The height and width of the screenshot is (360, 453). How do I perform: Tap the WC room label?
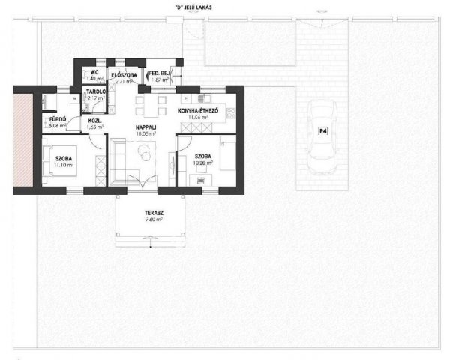[x=94, y=73]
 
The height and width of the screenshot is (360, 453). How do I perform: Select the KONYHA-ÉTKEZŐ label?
[x=198, y=110]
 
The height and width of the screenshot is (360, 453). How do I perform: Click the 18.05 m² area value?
[x=145, y=135]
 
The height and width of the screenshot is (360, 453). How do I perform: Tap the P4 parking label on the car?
[x=323, y=131]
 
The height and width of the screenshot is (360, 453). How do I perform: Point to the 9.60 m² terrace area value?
[x=154, y=220]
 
